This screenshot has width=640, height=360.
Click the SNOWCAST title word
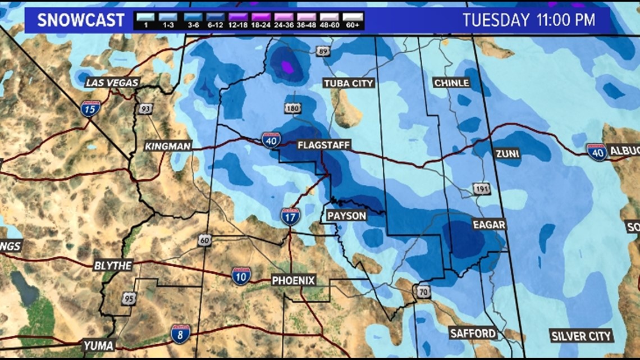pos(80,21)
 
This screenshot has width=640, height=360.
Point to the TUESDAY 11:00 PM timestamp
pos(528,20)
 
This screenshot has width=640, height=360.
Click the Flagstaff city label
pos(323,145)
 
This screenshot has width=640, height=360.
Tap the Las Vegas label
pos(112,83)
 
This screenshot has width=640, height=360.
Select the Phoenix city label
pos(293,280)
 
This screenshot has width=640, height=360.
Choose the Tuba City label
pos(349,83)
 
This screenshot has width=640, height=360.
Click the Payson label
pos(346,216)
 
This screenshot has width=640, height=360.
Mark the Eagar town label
pos(489,225)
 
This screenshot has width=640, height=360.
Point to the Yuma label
pos(98,345)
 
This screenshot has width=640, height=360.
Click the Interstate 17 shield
pos(290,216)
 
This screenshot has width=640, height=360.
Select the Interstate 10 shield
pos(241,275)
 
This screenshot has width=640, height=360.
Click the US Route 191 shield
pos(481,188)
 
